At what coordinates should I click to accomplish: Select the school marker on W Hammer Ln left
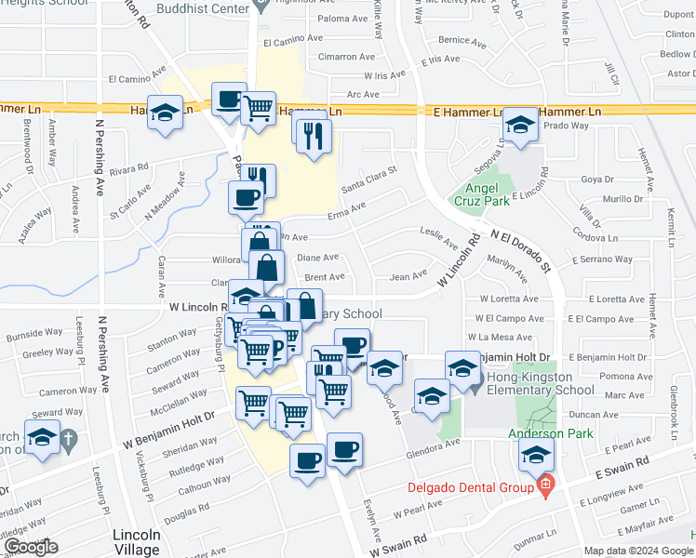click(166, 114)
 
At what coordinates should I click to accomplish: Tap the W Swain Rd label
click(396, 545)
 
